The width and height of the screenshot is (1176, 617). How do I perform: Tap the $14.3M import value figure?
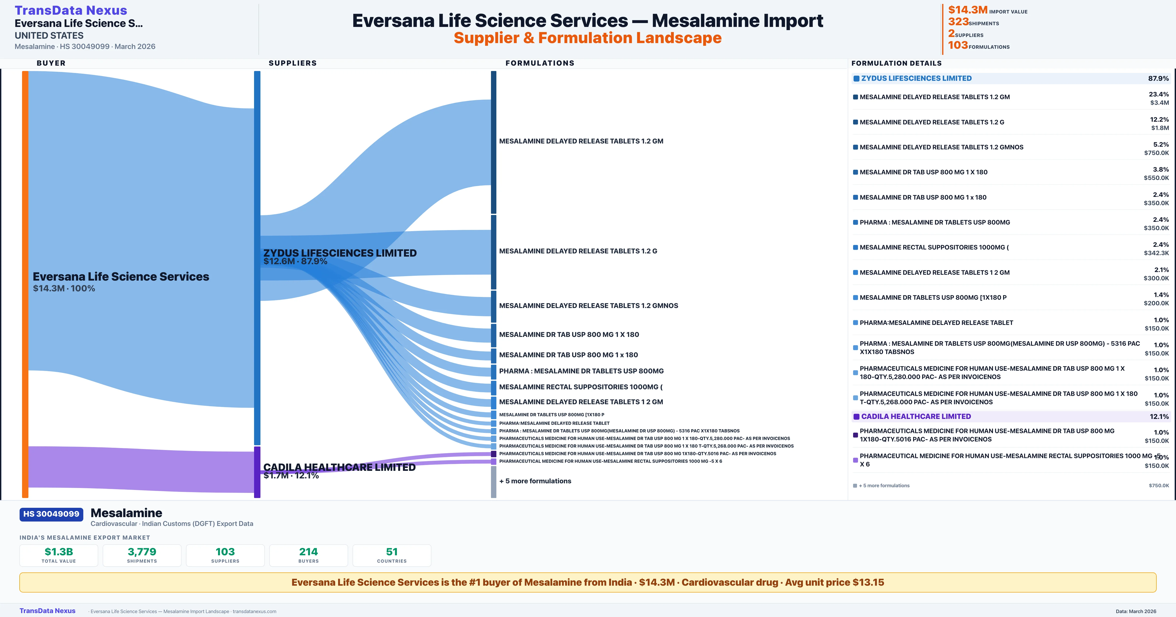point(967,10)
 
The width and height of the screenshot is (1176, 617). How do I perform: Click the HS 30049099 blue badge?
point(51,514)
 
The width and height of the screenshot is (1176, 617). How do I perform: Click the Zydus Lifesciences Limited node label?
point(340,253)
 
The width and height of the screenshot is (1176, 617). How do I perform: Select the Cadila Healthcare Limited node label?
point(339,467)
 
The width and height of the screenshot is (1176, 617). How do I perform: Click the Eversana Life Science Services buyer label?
point(121,277)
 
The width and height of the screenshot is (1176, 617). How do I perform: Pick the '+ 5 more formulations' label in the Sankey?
point(535,481)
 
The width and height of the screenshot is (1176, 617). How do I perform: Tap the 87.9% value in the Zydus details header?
point(1158,79)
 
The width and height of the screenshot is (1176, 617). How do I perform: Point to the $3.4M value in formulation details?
point(1160,103)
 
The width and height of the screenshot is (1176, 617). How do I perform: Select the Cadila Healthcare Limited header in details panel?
point(916,417)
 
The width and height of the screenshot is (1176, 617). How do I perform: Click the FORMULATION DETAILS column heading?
point(896,63)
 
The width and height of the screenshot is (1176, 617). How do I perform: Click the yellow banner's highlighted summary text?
point(588,582)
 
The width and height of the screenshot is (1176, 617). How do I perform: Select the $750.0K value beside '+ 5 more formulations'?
point(1159,486)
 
